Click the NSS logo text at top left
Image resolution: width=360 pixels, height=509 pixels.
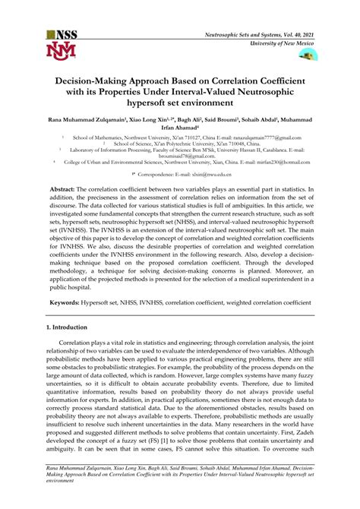[65, 36]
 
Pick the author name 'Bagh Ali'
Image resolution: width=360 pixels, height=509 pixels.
[190, 121]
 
